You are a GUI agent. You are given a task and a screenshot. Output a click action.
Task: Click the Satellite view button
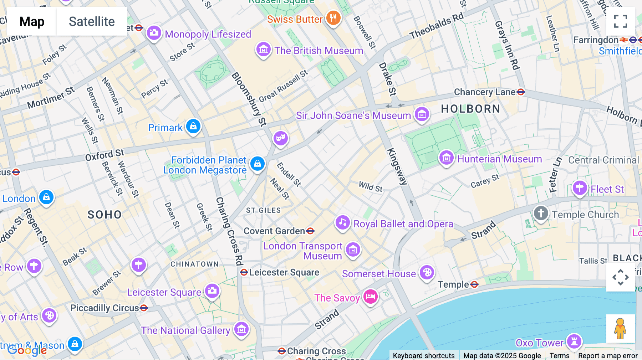click(92, 22)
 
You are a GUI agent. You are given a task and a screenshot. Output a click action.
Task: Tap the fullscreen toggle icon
click(620, 21)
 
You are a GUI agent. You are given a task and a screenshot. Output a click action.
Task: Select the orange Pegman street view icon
click(620, 328)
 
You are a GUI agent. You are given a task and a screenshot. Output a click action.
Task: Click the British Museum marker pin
click(264, 50)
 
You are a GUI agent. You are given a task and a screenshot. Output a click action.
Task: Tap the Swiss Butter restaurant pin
click(333, 17)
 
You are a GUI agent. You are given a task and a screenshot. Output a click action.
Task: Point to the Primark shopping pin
click(193, 126)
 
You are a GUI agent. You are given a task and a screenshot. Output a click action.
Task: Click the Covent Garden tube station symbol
click(310, 231)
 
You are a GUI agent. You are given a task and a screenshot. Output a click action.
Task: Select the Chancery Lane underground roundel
click(521, 92)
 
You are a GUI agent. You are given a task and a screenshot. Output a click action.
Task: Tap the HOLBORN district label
click(470, 109)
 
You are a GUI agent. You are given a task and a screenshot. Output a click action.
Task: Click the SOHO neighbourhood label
click(105, 215)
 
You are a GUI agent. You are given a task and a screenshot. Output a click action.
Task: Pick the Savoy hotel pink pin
click(370, 296)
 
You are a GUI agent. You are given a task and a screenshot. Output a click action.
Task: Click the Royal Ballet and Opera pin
click(342, 222)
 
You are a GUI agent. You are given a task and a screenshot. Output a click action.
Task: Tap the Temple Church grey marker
click(541, 214)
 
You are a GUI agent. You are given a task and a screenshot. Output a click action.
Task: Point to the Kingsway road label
click(397, 166)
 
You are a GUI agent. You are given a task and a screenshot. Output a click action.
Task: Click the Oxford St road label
click(105, 155)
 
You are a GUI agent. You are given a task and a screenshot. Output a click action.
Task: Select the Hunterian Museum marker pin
click(446, 157)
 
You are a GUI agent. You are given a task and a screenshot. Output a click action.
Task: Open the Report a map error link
click(608, 355)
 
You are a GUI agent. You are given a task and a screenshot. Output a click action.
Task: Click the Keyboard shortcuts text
click(423, 355)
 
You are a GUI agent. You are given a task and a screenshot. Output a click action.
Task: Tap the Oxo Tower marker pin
click(574, 341)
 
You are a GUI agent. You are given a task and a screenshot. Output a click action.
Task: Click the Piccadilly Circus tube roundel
click(144, 308)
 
